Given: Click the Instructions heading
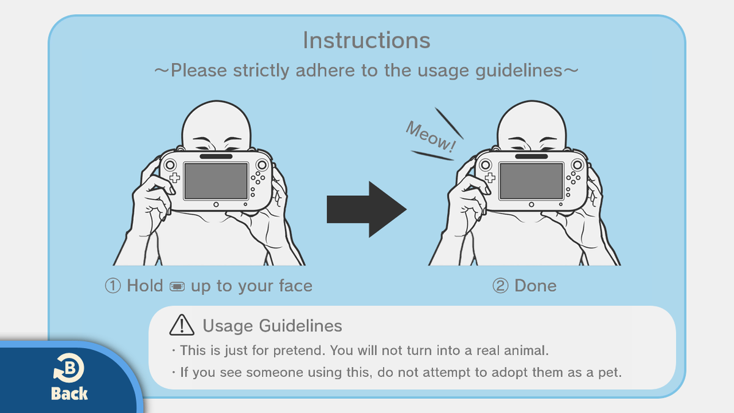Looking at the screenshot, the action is [x=366, y=40].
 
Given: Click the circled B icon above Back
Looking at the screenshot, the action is [x=69, y=368].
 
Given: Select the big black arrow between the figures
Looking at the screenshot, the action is [x=366, y=209].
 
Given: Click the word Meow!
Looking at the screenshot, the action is [x=430, y=136].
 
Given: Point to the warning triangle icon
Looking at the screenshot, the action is [x=182, y=325].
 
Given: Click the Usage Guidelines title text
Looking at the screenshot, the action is [x=272, y=326].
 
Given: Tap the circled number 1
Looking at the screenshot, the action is [x=113, y=286].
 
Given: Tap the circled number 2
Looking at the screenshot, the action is [x=500, y=286].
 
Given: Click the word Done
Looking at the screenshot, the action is [x=535, y=286].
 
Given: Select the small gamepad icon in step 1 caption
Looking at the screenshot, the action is [x=177, y=286].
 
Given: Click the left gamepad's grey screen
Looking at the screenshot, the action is [x=216, y=180].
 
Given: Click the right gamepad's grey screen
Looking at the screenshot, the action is [x=531, y=180].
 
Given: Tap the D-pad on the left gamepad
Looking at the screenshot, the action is [x=175, y=177].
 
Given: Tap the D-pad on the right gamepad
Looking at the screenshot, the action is [x=490, y=177].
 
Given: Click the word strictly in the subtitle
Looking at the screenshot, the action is [x=261, y=70].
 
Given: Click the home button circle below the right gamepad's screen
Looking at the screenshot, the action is [x=531, y=204].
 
